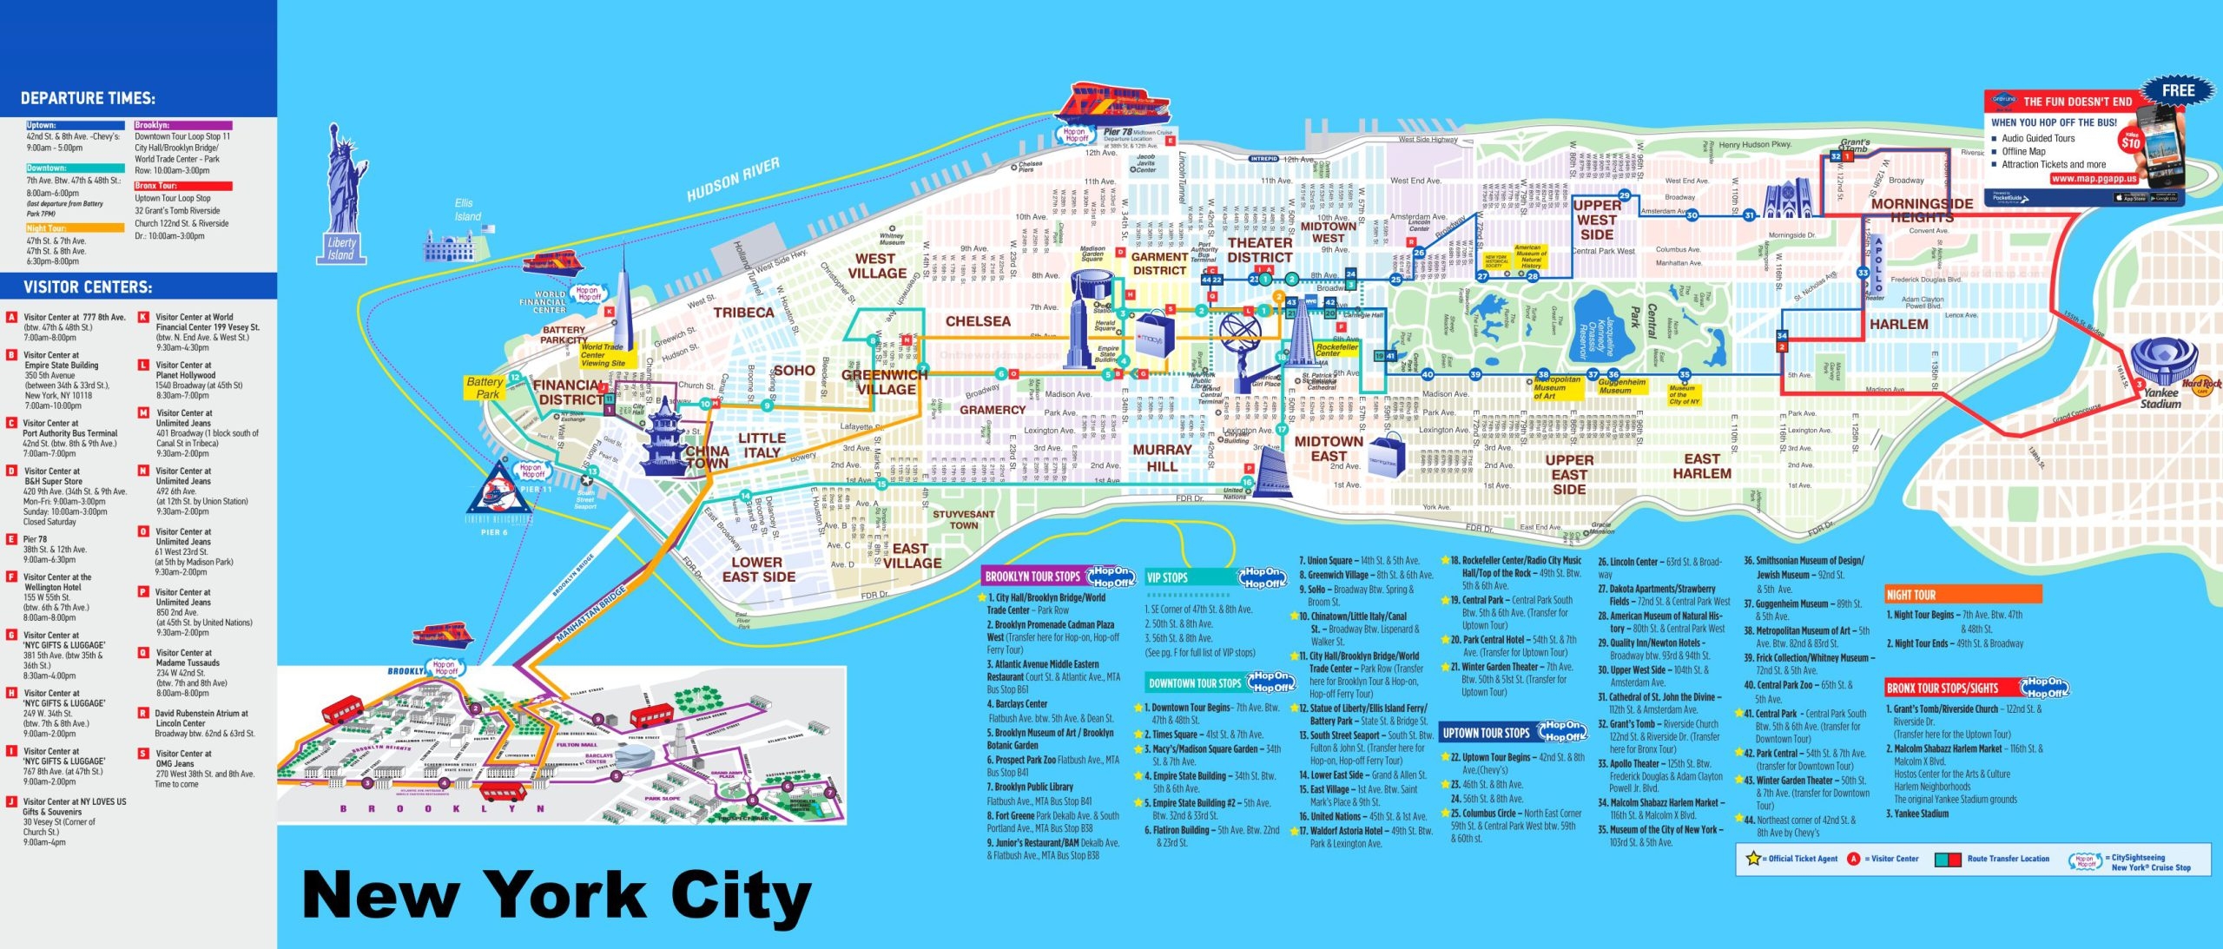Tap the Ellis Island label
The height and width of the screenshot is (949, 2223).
pyautogui.click(x=466, y=209)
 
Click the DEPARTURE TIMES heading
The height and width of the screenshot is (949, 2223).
pyautogui.click(x=88, y=98)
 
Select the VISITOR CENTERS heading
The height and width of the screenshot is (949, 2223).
pyautogui.click(x=88, y=287)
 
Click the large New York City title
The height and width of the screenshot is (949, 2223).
pyautogui.click(x=556, y=894)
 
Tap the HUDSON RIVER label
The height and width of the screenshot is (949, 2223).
pyautogui.click(x=733, y=179)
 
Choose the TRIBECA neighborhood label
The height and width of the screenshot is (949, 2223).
pyautogui.click(x=743, y=313)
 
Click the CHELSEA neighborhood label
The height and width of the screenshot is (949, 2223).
pyautogui.click(x=978, y=321)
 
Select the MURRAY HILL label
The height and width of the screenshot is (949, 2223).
pyautogui.click(x=1162, y=458)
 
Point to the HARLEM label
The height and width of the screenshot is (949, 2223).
pyautogui.click(x=1898, y=324)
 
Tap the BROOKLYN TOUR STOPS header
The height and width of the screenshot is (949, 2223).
pyautogui.click(x=1032, y=577)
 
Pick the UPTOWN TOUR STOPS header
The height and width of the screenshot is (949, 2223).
pyautogui.click(x=1486, y=733)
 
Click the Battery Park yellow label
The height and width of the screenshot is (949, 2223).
pyautogui.click(x=485, y=387)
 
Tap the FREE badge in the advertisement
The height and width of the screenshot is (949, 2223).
pyautogui.click(x=2178, y=91)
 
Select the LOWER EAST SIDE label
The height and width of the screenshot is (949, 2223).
pyautogui.click(x=758, y=569)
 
